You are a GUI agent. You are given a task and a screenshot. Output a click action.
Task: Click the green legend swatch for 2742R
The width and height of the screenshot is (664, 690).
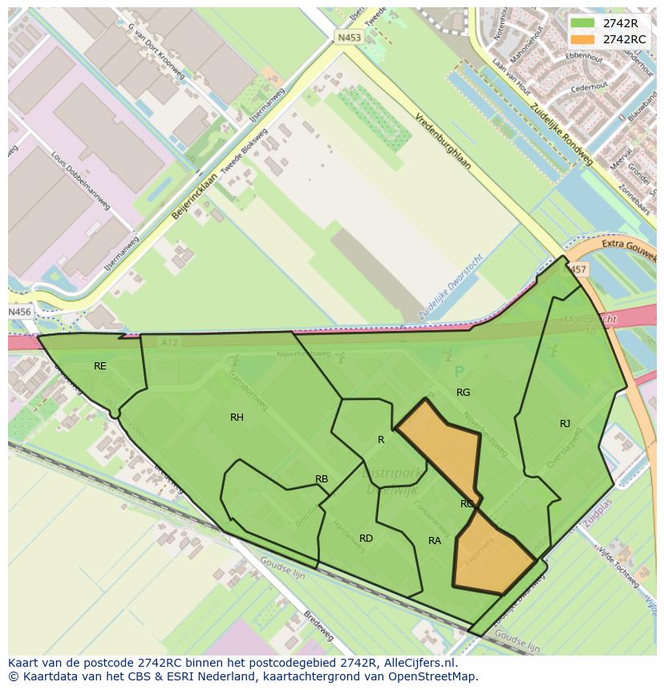(x=582, y=23)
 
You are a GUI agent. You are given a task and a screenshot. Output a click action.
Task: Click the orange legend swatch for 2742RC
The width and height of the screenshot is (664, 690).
(x=582, y=39)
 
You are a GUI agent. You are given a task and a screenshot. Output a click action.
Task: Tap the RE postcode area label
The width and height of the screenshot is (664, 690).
(x=100, y=366)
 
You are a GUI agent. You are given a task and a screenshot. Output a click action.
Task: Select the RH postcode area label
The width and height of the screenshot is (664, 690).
(x=237, y=418)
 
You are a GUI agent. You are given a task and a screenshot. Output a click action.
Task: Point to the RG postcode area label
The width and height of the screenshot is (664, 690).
(x=464, y=393)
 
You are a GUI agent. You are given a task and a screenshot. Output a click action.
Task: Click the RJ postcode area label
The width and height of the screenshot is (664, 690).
(x=565, y=424)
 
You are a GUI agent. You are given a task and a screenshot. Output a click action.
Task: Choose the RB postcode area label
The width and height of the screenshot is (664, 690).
(x=322, y=479)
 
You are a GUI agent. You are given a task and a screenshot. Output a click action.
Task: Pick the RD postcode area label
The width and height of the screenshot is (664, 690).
(x=366, y=539)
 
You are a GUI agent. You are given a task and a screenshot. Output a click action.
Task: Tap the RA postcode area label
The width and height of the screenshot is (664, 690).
(x=435, y=541)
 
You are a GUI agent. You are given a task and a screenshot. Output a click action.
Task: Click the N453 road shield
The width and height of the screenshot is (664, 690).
(x=349, y=38)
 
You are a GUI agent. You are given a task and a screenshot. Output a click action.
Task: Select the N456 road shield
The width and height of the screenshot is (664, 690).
(x=20, y=312)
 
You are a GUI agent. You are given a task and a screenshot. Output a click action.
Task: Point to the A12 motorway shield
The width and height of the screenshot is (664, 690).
(x=168, y=342)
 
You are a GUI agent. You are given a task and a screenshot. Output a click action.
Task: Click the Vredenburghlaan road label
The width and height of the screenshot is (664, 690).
(x=443, y=140)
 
